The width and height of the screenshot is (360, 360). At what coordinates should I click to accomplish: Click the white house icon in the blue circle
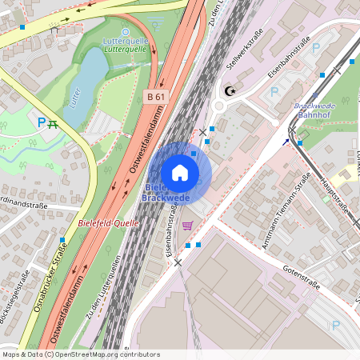(x=180, y=172)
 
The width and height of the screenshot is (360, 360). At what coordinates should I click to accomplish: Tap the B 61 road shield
(x=156, y=97)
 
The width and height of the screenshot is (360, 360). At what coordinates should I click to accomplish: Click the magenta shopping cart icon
(x=187, y=226)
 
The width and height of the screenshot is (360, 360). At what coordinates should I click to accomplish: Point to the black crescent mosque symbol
(x=231, y=91)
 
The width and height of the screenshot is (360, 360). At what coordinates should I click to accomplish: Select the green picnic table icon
(x=54, y=123)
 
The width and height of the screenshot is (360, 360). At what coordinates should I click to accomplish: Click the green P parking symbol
(x=42, y=122)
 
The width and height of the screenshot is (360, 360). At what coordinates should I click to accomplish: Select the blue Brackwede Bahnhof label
(x=314, y=110)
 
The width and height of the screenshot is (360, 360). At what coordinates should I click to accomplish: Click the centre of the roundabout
(x=221, y=105)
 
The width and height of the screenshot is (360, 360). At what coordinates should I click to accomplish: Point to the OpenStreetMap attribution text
(x=80, y=354)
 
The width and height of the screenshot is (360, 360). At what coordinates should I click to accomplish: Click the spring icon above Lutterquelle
(x=125, y=31)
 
